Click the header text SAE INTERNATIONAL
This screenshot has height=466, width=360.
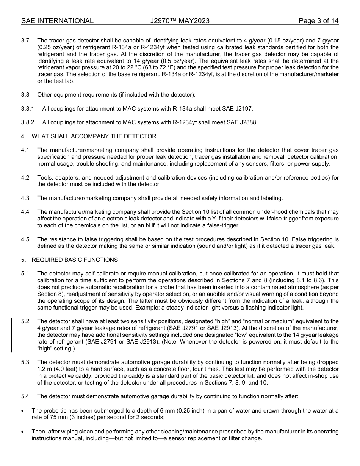point(57,21)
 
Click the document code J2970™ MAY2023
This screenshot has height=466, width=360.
point(180,21)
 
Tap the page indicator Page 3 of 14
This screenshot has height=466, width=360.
point(318,21)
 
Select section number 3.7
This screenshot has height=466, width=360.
point(25,41)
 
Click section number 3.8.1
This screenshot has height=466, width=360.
point(27,109)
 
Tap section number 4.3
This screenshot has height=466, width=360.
point(25,198)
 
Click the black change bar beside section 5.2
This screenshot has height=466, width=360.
point(11,335)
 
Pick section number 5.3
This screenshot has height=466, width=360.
point(25,363)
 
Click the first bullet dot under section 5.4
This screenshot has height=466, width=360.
point(23,411)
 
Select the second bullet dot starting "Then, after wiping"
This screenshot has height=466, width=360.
point(23,432)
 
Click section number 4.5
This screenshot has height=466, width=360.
point(25,239)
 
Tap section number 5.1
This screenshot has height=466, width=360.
point(25,274)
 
